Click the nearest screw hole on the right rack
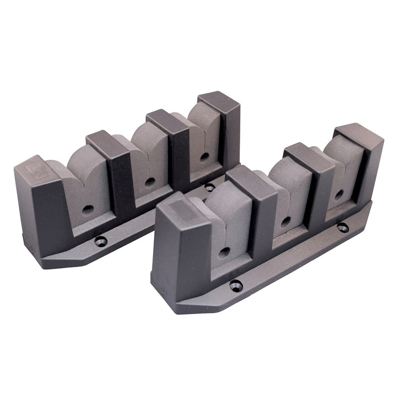pyautogui.click(x=236, y=286)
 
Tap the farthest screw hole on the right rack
pyautogui.click(x=343, y=227)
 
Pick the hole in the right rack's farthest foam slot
pyautogui.click(x=339, y=193)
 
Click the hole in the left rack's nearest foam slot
pyautogui.click(x=86, y=209)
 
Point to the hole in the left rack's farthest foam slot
pyautogui.click(x=204, y=156)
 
